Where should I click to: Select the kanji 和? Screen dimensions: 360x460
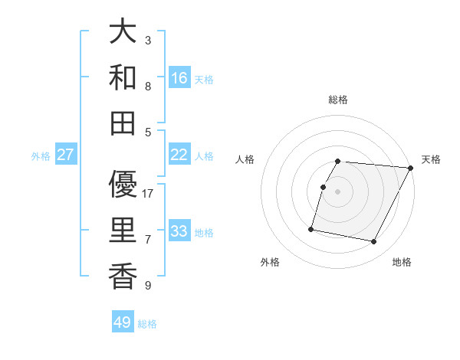pyautogui.click(x=123, y=77)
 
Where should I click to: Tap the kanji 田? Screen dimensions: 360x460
pyautogui.click(x=123, y=122)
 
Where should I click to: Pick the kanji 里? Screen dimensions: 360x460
pyautogui.click(x=123, y=230)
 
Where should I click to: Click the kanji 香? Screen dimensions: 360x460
pyautogui.click(x=123, y=275)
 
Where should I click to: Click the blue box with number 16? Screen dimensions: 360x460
pyautogui.click(x=179, y=77)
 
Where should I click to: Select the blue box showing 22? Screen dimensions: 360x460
pyautogui.click(x=179, y=155)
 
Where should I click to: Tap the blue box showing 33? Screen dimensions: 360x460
pyautogui.click(x=179, y=231)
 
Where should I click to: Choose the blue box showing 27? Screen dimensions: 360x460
pyautogui.click(x=66, y=155)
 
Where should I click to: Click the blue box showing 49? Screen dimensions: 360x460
pyautogui.click(x=123, y=322)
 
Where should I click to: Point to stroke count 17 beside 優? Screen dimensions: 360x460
pyautogui.click(x=148, y=194)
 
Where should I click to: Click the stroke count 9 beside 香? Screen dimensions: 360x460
pyautogui.click(x=148, y=286)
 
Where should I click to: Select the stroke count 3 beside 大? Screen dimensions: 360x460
pyautogui.click(x=148, y=41)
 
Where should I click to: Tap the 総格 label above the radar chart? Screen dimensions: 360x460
pyautogui.click(x=338, y=100)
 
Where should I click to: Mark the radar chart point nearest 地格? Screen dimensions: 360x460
pyautogui.click(x=374, y=242)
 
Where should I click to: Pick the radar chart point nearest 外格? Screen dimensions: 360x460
pyautogui.click(x=311, y=229)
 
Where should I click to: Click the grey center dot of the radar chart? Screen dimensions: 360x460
pyautogui.click(x=338, y=192)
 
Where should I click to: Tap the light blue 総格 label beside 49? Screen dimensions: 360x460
pyautogui.click(x=147, y=324)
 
